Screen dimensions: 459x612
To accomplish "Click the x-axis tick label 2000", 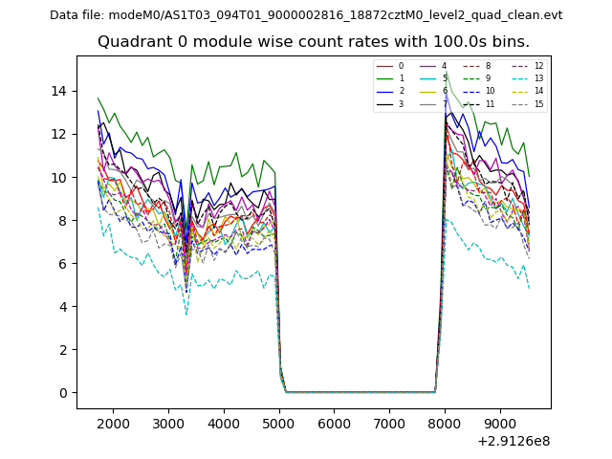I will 113,423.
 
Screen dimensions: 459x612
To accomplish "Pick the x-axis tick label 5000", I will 278,423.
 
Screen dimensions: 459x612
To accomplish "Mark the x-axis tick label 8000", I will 444,423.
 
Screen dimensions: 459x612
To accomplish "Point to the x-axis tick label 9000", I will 499,423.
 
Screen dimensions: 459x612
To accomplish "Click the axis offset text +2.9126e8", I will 513,441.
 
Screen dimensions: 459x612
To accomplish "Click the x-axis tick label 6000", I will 334,423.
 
